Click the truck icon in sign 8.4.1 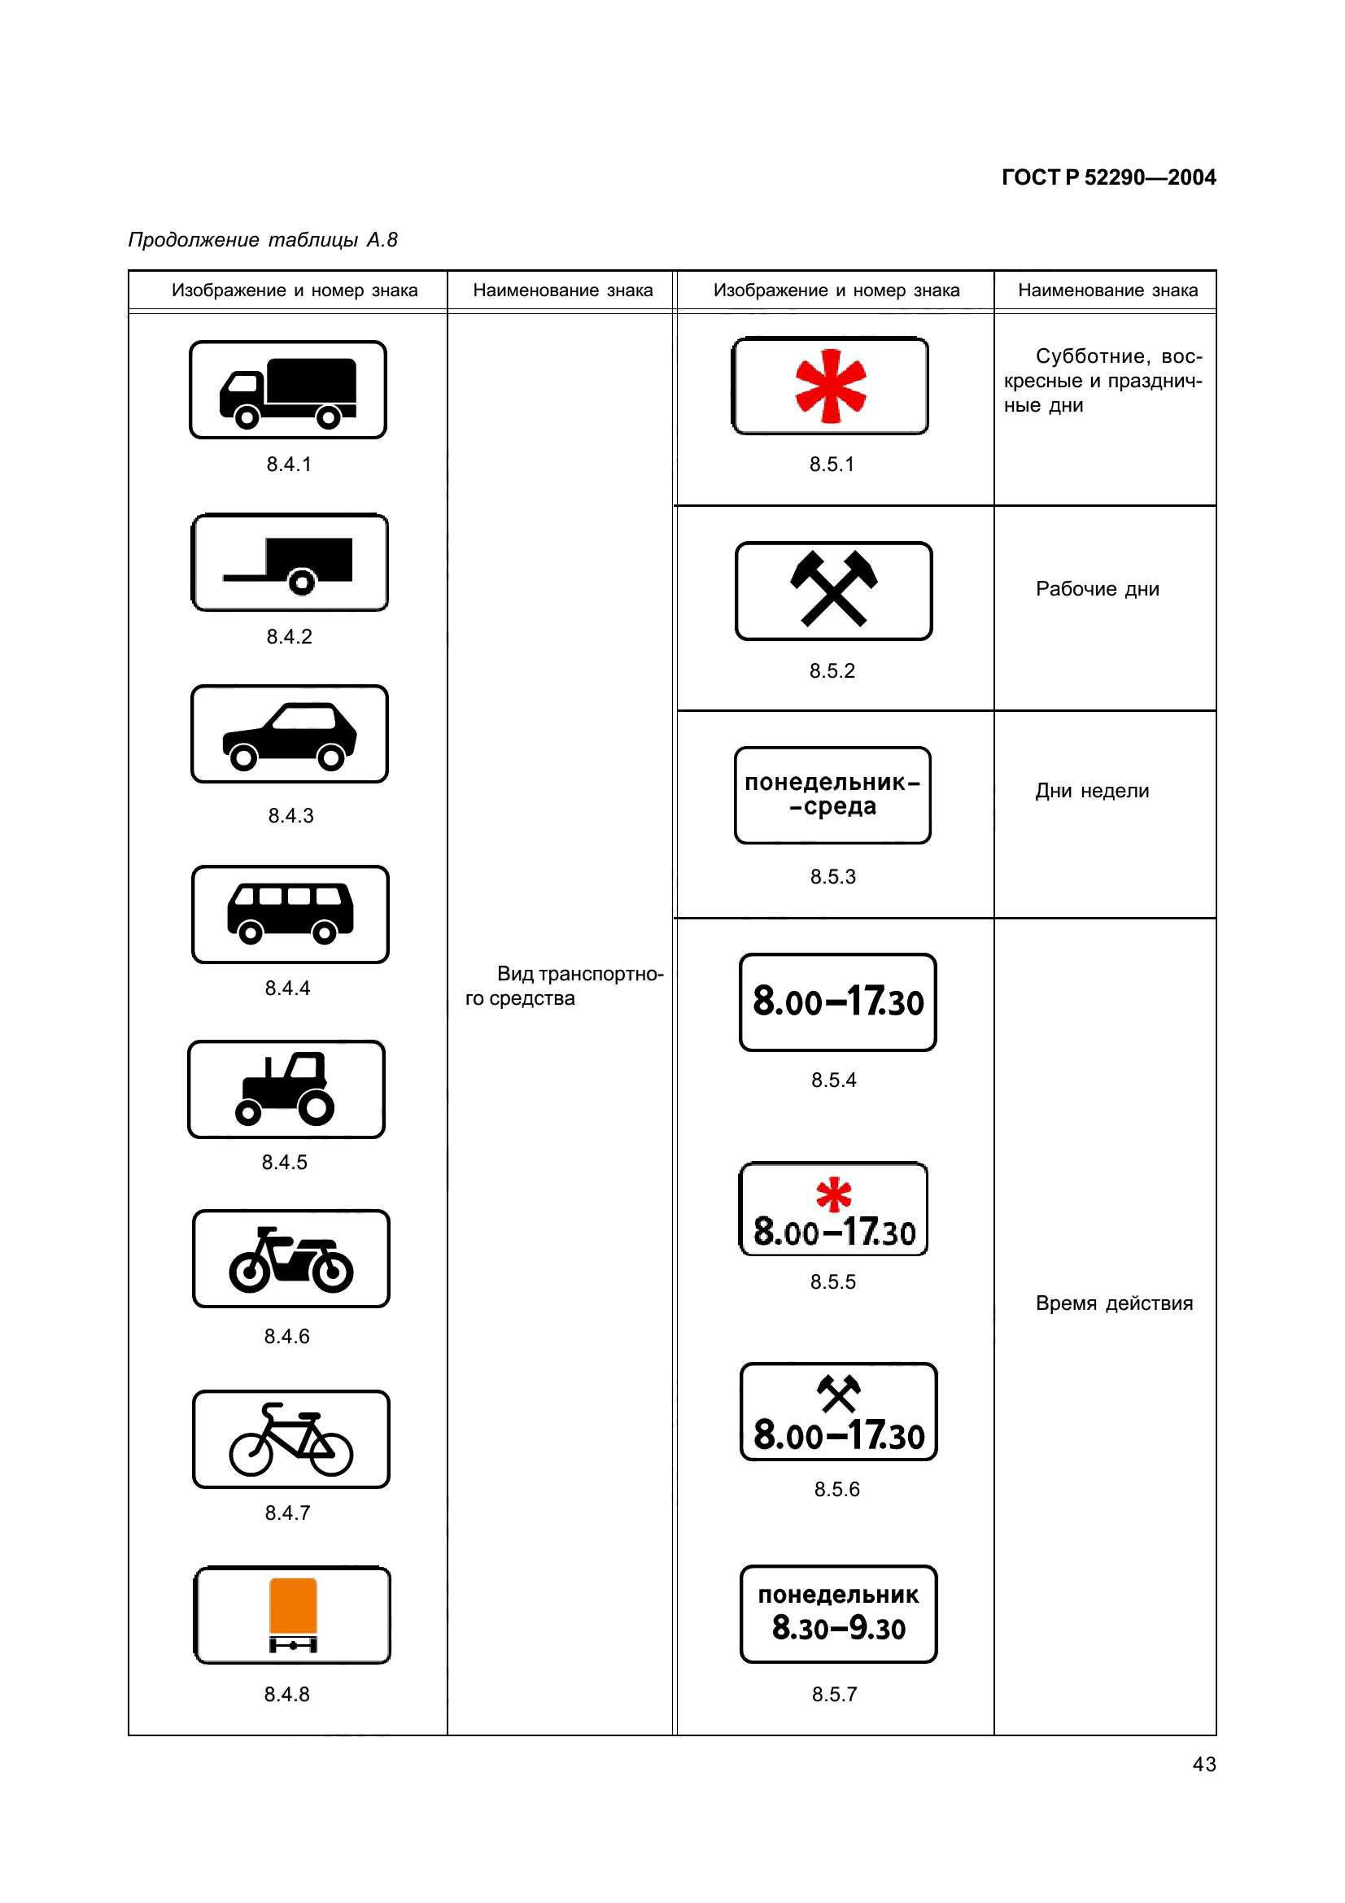(287, 392)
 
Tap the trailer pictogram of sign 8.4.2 (290, 564)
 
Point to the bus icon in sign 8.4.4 (290, 913)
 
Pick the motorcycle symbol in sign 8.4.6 (290, 1259)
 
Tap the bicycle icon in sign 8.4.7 (290, 1440)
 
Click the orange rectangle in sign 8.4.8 (293, 1605)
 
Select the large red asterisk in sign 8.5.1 (831, 386)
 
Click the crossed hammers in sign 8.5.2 (834, 588)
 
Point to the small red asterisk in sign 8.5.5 (834, 1194)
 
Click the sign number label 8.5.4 (834, 1080)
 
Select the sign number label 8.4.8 (286, 1694)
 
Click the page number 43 (1204, 1764)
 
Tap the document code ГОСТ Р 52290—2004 (1108, 177)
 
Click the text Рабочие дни (1097, 589)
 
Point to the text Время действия (1114, 1303)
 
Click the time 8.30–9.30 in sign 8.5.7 (839, 1629)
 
